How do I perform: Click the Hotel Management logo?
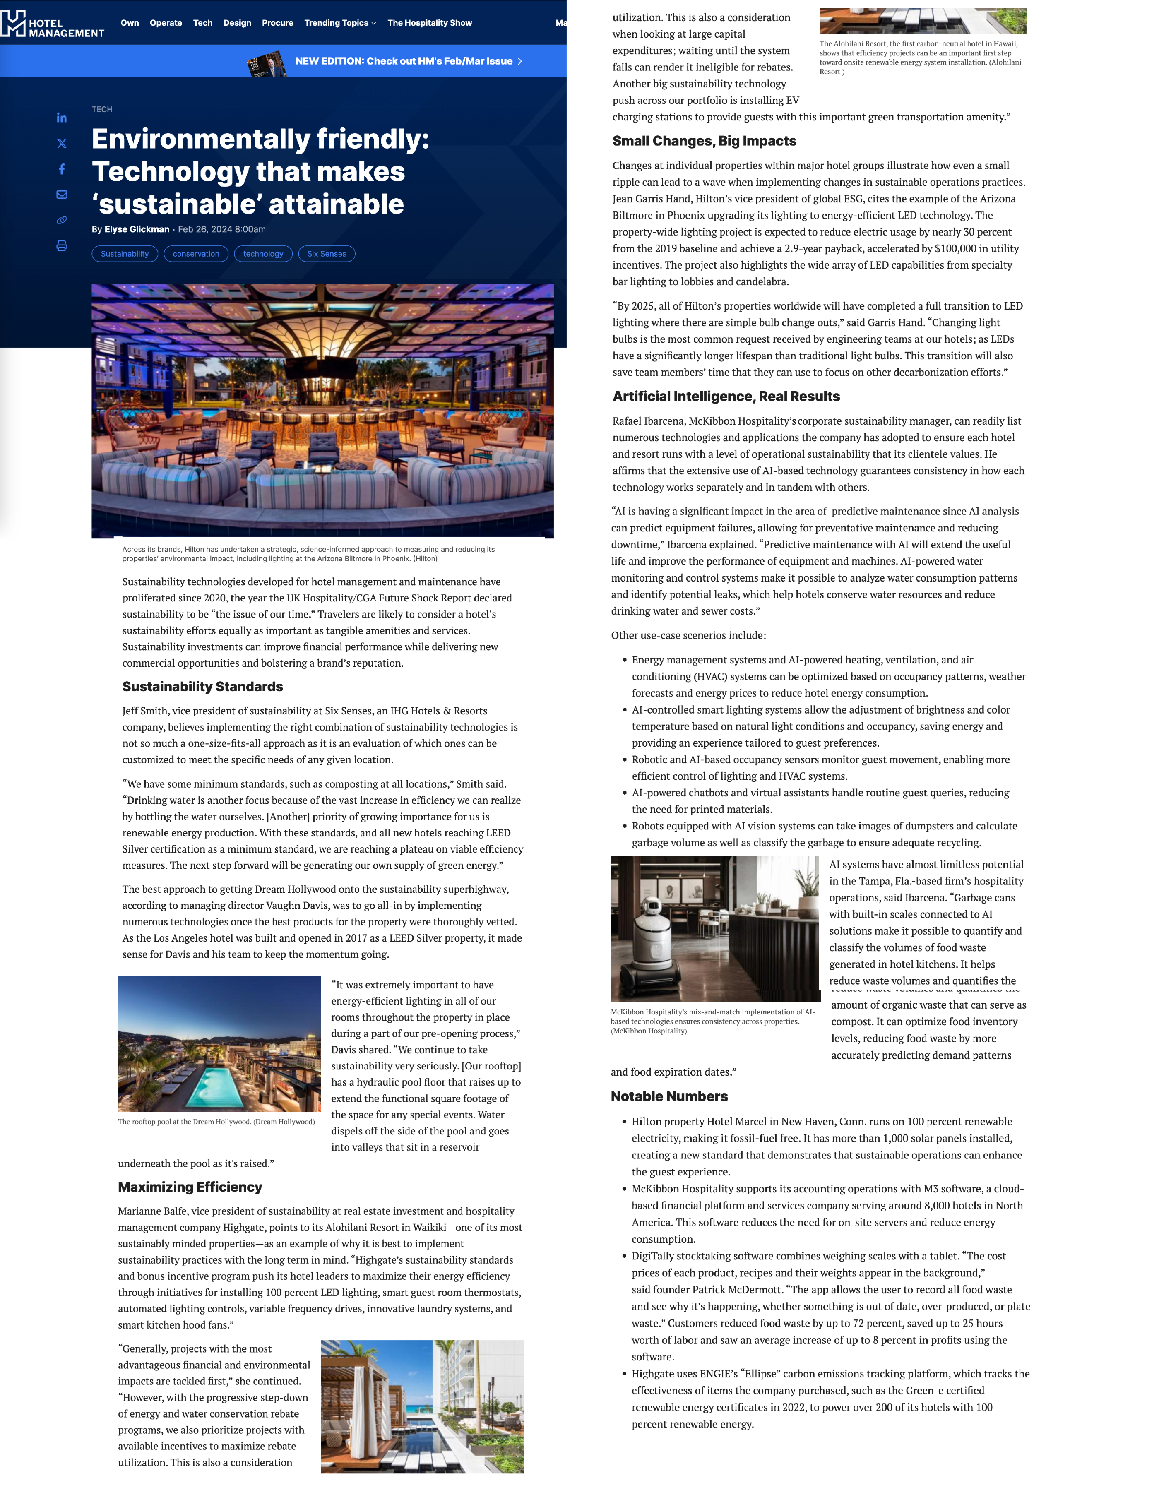tap(53, 24)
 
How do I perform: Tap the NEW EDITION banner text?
tap(404, 61)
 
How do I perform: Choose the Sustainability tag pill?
tap(125, 254)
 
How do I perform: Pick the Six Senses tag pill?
tap(326, 254)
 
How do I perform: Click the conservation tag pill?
tap(196, 254)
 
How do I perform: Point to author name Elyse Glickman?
tap(137, 229)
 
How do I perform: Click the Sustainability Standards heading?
tap(202, 686)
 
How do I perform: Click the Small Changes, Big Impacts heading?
tap(704, 141)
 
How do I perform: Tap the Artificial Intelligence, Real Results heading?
tap(726, 397)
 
